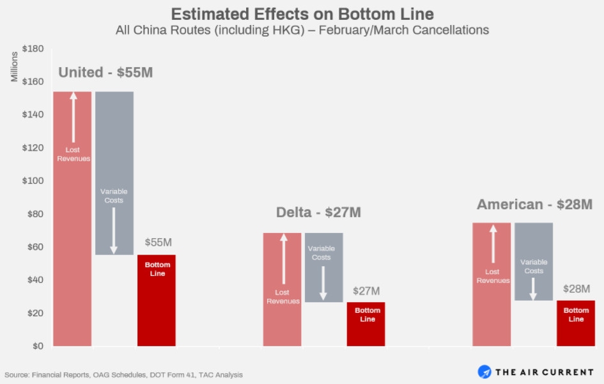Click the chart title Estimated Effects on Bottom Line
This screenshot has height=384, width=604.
302,13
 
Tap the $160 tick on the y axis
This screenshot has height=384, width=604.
33,81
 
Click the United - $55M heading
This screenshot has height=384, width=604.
105,72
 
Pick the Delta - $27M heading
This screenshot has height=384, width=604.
318,212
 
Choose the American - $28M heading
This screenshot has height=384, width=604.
534,205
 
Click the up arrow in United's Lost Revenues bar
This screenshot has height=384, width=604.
73,119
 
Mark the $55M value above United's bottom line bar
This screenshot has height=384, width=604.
158,243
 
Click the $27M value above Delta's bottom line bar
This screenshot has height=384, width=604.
366,291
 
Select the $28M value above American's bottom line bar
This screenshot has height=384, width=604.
576,289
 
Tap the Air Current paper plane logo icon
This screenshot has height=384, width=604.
484,372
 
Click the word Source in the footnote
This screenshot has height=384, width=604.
17,374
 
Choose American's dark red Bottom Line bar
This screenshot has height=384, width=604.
576,323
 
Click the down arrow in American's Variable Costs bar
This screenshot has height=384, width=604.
533,287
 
